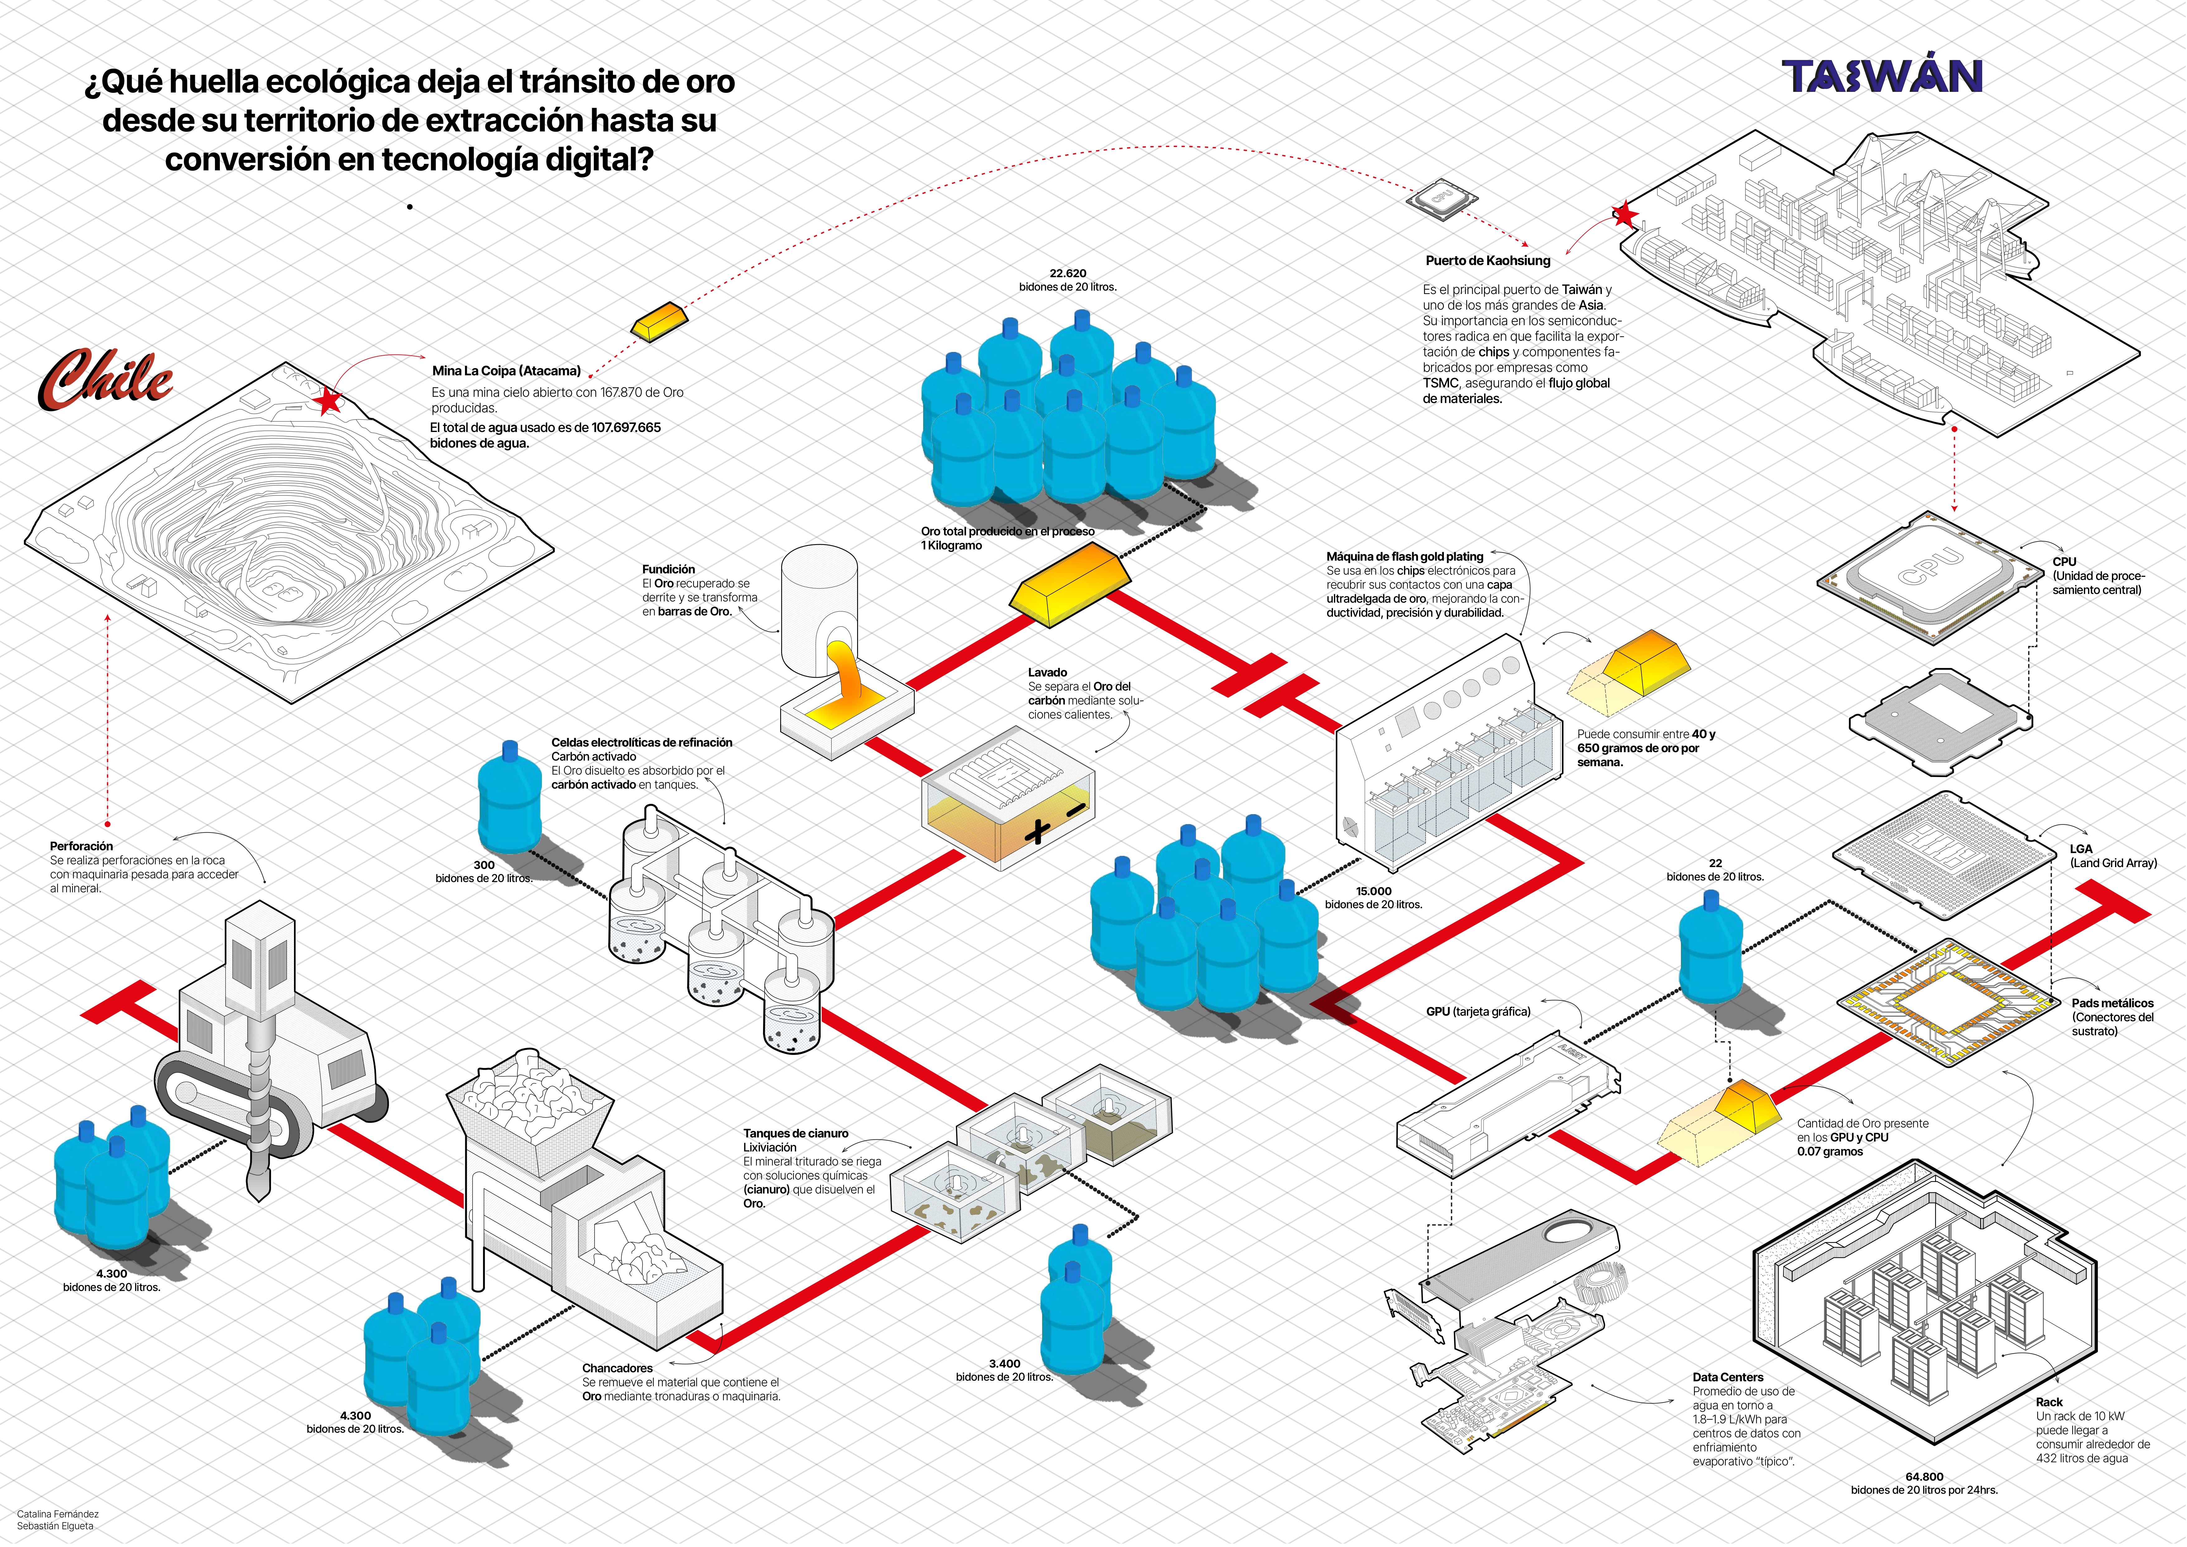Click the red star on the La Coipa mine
(329, 401)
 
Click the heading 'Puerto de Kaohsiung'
(1487, 260)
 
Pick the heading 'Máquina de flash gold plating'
(1404, 556)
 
